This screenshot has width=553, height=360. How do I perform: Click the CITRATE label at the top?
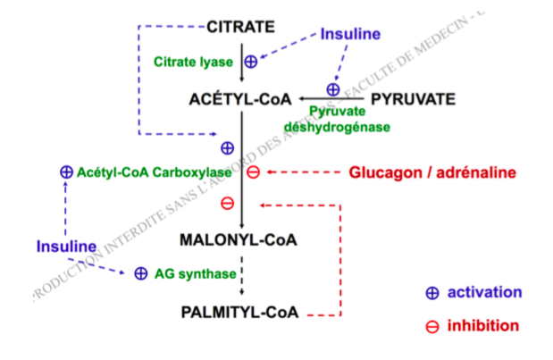(x=240, y=27)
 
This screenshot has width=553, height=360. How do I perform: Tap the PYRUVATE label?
(x=414, y=98)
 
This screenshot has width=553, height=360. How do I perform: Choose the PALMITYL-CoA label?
(x=239, y=314)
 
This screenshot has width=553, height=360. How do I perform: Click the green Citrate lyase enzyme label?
(x=193, y=63)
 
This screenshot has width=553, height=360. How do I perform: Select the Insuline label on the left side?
(x=66, y=246)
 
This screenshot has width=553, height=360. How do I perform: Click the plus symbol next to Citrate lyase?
(x=251, y=62)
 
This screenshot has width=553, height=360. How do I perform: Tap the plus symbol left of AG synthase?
(x=140, y=274)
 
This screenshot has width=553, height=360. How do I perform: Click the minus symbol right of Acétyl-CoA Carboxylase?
(x=253, y=172)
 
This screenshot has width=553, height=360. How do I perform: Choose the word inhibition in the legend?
(x=483, y=326)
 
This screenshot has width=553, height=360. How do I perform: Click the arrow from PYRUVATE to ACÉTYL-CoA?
(x=331, y=98)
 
